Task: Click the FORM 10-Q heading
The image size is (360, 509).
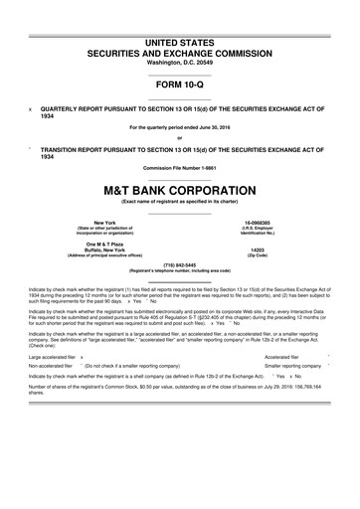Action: (179, 84)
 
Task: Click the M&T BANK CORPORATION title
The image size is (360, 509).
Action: (179, 190)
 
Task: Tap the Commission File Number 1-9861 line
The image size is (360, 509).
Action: (179, 168)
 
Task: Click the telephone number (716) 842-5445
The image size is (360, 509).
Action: (179, 264)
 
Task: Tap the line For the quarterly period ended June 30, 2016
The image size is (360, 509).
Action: (179, 127)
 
